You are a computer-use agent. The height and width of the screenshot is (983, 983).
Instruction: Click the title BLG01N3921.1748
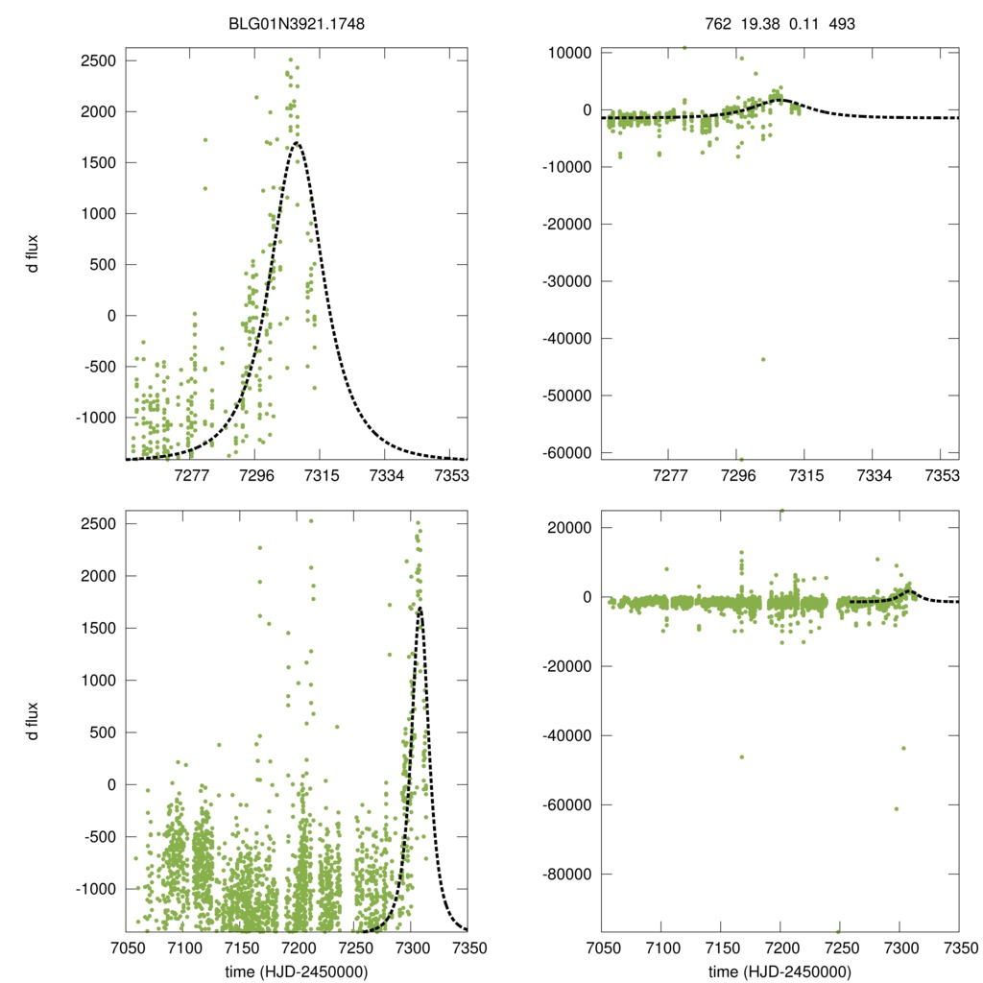(x=297, y=26)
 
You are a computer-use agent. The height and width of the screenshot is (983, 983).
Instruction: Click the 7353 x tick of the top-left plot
(x=451, y=475)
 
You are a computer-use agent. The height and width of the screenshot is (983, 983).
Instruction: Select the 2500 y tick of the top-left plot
(x=97, y=60)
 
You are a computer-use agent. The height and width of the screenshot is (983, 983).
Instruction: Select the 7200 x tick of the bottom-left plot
(x=298, y=946)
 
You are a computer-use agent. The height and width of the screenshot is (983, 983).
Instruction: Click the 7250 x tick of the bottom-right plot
(x=840, y=946)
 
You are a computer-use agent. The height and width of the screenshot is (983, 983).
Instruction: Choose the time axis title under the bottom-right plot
(x=779, y=971)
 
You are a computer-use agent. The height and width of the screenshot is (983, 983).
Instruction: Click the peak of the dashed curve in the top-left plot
(x=297, y=143)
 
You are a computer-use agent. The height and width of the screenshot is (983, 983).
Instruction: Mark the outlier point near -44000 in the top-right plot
(x=763, y=359)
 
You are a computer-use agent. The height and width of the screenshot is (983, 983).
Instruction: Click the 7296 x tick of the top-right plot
(x=738, y=475)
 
